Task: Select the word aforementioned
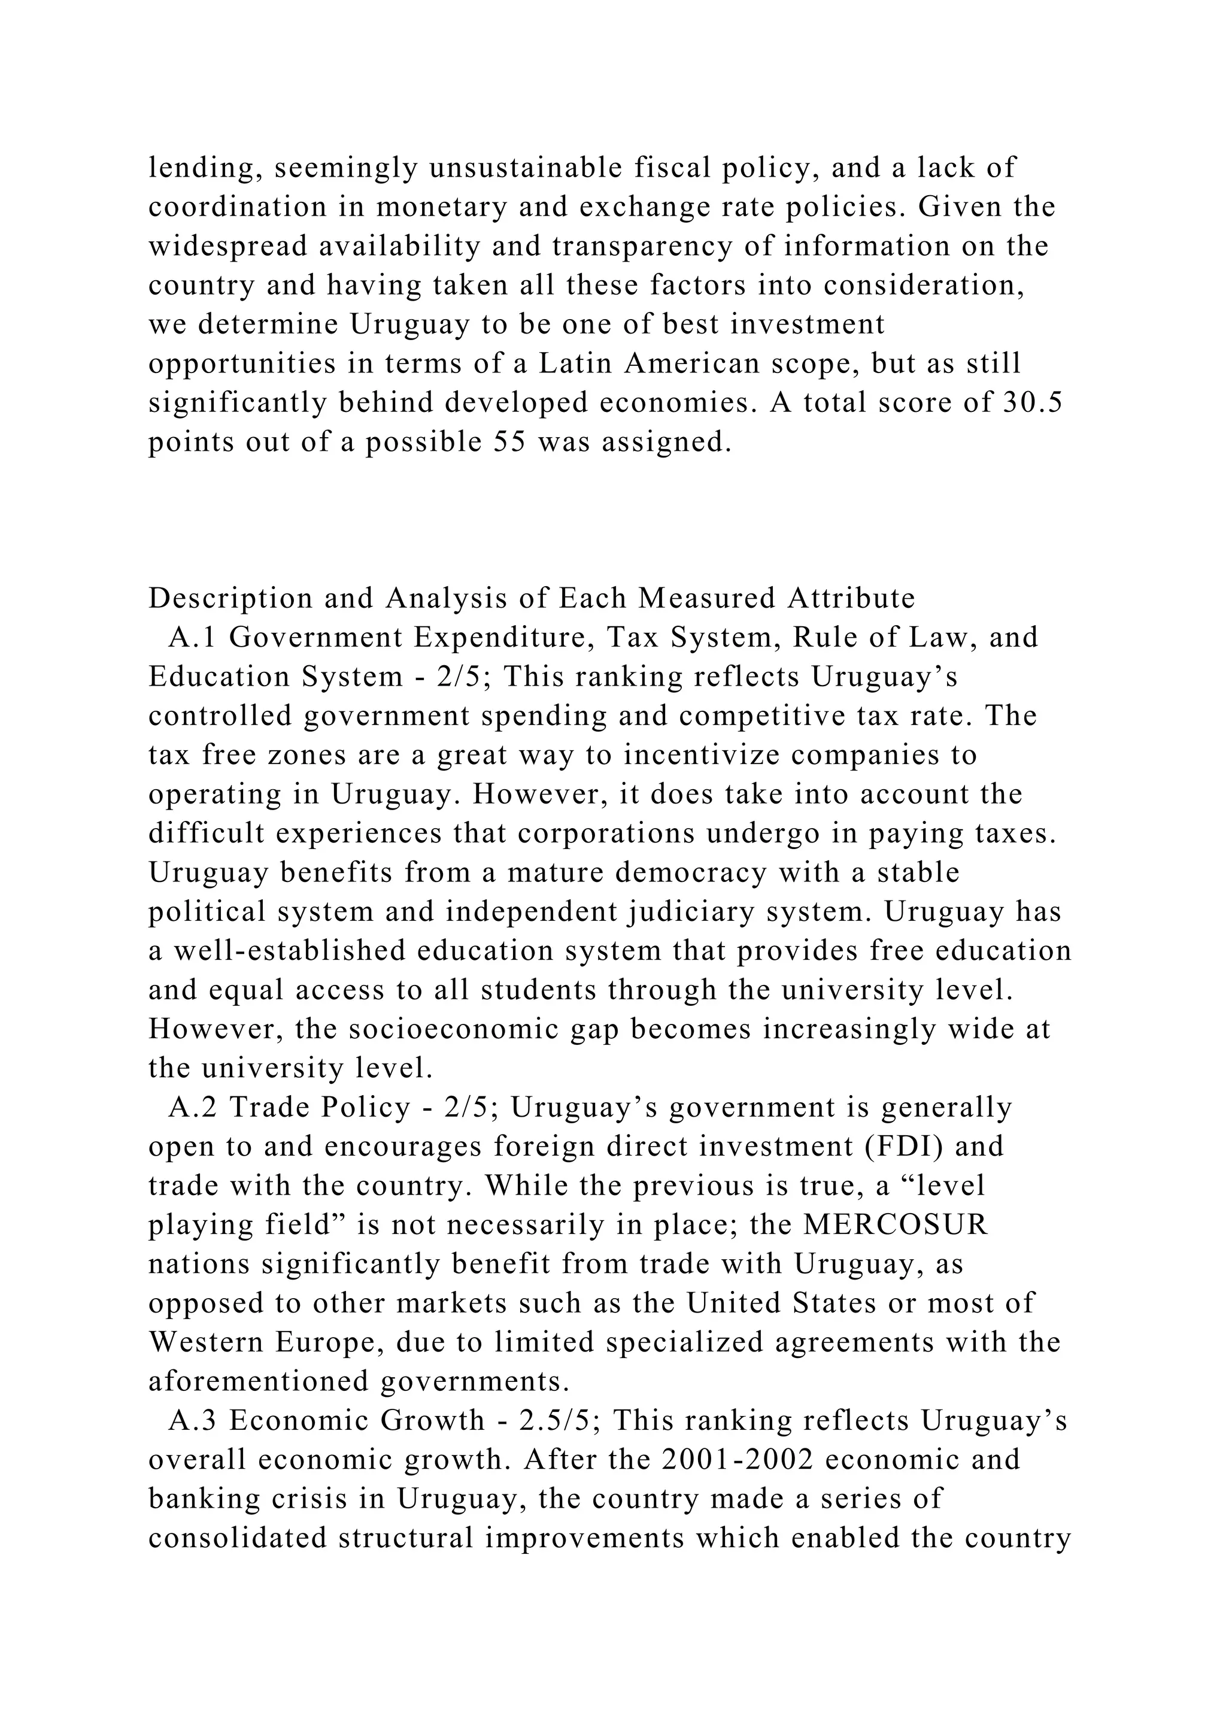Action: coord(257,1381)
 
